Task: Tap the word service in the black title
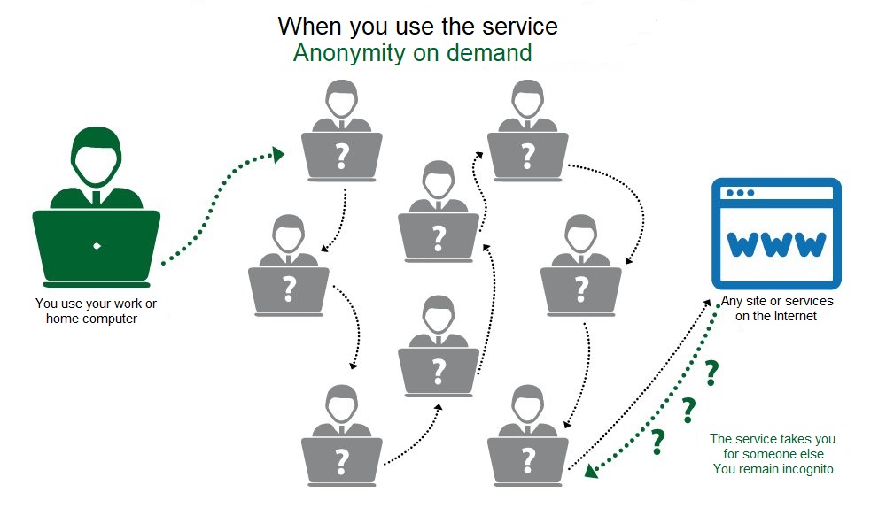tap(520, 27)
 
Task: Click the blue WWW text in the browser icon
tap(776, 243)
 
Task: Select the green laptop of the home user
tap(96, 248)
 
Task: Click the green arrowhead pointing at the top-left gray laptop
tap(277, 154)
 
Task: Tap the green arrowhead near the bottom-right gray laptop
tap(591, 471)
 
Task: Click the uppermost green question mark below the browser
tap(711, 373)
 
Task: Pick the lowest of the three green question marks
tap(657, 442)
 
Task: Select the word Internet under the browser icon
tap(795, 316)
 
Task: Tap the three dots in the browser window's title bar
tap(740, 193)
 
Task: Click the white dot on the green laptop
tap(97, 246)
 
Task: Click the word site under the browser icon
tap(757, 301)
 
